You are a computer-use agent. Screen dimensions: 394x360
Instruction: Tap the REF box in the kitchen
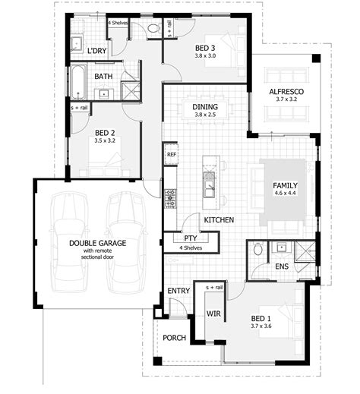[171, 154]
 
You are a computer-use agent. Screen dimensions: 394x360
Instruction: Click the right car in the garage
[125, 242]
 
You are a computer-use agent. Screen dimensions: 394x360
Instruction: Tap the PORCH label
[174, 338]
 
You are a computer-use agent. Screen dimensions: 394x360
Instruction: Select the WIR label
[213, 313]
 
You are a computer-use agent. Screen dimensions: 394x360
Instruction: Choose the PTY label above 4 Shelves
[191, 238]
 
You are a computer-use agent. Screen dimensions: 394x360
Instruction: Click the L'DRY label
[96, 50]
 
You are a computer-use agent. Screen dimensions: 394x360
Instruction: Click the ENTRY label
[178, 291]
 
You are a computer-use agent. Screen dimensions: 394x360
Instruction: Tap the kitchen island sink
[208, 182]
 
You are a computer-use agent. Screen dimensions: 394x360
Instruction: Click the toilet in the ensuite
[257, 248]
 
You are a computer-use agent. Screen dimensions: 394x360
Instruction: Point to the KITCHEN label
[217, 219]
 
